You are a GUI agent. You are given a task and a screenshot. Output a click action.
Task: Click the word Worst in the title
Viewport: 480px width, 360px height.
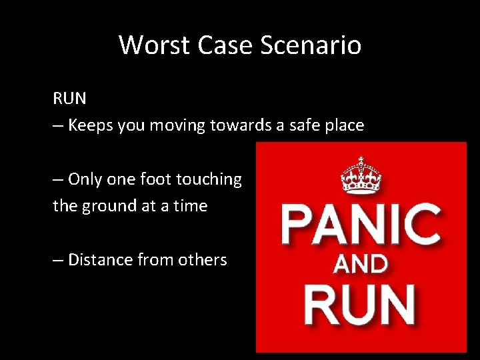coord(149,45)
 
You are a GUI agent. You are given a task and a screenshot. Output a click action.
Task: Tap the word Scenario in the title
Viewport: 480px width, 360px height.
coord(311,45)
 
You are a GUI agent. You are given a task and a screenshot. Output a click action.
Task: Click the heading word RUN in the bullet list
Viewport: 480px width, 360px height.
coord(70,99)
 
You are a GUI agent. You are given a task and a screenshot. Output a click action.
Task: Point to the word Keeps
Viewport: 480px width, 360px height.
coord(91,125)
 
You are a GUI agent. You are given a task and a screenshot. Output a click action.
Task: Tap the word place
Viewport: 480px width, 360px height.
coord(347,125)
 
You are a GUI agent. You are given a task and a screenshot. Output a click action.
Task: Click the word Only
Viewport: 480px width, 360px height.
coord(85,179)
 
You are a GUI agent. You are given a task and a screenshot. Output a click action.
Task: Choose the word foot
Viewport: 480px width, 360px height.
coord(154,179)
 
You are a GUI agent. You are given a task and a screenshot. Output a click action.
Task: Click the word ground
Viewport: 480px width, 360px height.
coord(110,206)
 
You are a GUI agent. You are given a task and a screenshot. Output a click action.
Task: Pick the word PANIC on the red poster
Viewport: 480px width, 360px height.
coord(361,225)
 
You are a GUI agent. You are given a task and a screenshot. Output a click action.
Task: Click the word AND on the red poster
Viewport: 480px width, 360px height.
coord(361,265)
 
